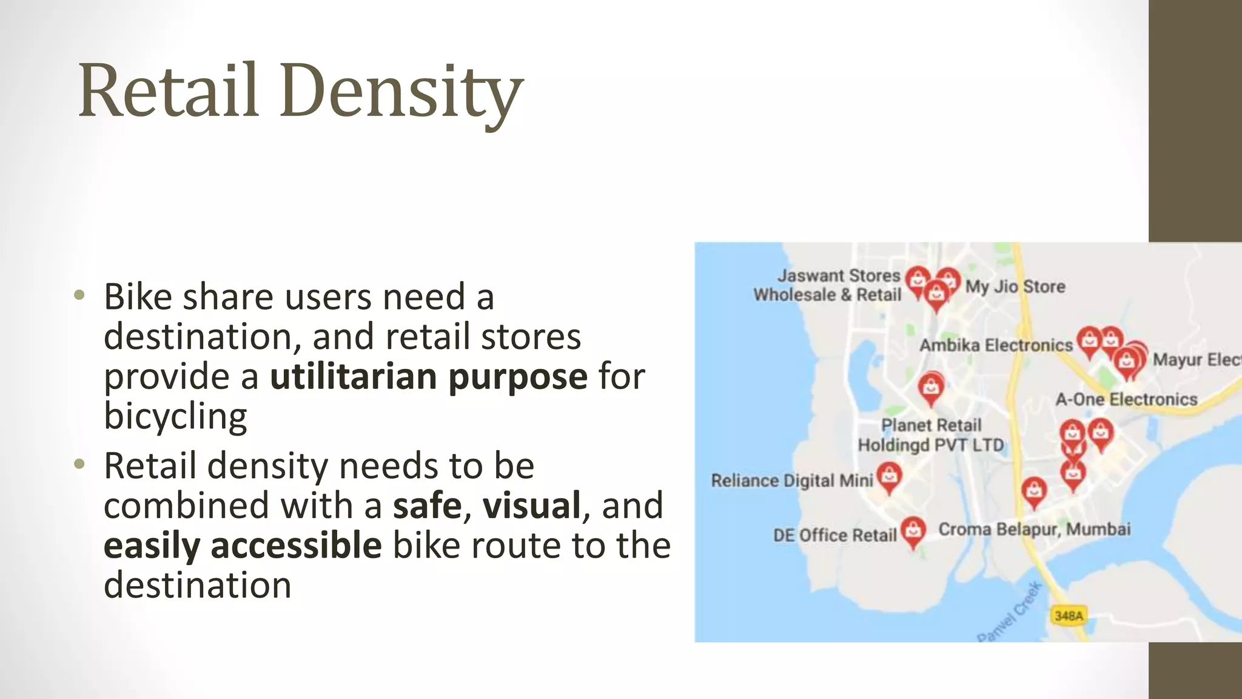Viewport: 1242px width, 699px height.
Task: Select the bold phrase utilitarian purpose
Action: click(428, 376)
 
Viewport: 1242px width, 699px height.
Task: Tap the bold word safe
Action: click(427, 505)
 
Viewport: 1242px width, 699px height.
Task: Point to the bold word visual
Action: click(532, 505)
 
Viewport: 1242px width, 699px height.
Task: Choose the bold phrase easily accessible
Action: click(243, 545)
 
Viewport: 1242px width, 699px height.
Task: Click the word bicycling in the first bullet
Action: click(175, 416)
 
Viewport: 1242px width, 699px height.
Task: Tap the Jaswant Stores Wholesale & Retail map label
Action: click(828, 285)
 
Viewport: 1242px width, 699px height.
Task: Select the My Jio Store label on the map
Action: click(1015, 286)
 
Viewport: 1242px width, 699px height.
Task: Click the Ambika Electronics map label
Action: click(996, 345)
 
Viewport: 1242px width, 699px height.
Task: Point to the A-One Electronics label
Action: click(1126, 399)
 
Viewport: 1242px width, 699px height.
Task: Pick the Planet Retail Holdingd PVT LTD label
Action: click(931, 435)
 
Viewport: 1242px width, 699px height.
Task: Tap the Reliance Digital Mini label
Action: click(791, 481)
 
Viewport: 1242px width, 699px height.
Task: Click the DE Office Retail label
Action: click(834, 535)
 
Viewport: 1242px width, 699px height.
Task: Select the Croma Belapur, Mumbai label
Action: click(1034, 529)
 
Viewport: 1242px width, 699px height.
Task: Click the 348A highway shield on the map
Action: click(1069, 616)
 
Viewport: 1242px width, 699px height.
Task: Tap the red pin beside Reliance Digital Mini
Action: click(889, 476)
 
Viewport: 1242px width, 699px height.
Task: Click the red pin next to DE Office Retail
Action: click(913, 530)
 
